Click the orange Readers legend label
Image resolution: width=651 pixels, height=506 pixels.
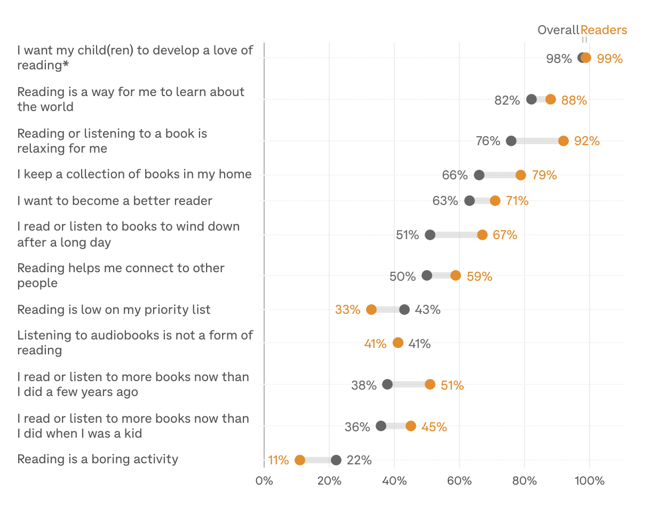point(604,30)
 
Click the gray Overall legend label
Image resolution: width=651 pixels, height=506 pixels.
point(558,30)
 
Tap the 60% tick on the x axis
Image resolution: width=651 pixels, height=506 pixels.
point(459,481)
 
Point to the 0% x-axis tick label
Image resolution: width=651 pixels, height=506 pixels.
point(264,481)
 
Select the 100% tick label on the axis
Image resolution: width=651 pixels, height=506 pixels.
point(590,481)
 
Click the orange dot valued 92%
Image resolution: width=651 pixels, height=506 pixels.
point(563,141)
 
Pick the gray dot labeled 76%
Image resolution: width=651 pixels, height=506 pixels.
point(511,141)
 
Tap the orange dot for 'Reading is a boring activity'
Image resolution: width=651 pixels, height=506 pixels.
point(300,460)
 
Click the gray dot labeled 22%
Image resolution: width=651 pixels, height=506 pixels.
point(336,460)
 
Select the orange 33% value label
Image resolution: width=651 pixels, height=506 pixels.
point(348,310)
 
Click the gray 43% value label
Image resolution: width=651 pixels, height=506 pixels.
point(427,310)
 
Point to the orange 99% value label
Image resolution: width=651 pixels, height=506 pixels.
point(610,58)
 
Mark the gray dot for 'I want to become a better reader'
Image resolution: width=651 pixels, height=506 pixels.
point(470,201)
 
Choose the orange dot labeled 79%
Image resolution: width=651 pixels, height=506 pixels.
point(521,175)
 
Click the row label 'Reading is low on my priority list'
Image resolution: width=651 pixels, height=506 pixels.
point(114,310)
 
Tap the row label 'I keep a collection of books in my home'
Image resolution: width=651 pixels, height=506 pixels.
point(134,174)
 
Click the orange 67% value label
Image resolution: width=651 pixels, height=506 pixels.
point(505,235)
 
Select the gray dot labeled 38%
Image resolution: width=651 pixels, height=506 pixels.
point(387,384)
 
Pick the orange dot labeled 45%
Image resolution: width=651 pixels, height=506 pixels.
point(410,426)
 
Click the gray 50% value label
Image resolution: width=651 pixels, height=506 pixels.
point(402,276)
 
